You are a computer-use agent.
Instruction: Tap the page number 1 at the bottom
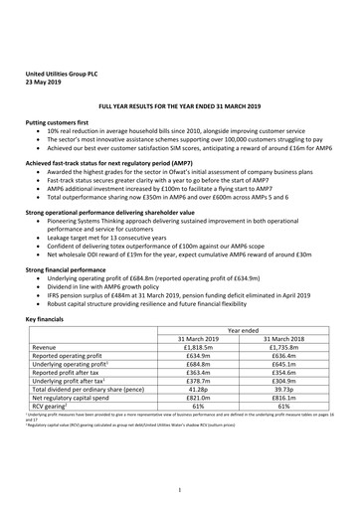(179, 489)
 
